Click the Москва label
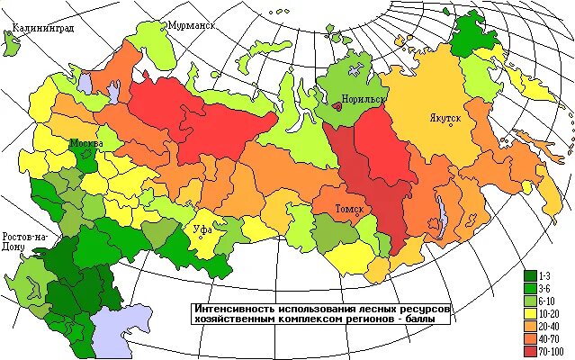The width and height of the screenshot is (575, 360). [86, 144]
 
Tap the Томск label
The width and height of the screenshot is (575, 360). [349, 209]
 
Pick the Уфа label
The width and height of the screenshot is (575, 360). [202, 229]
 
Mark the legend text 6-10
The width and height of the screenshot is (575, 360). [552, 300]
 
